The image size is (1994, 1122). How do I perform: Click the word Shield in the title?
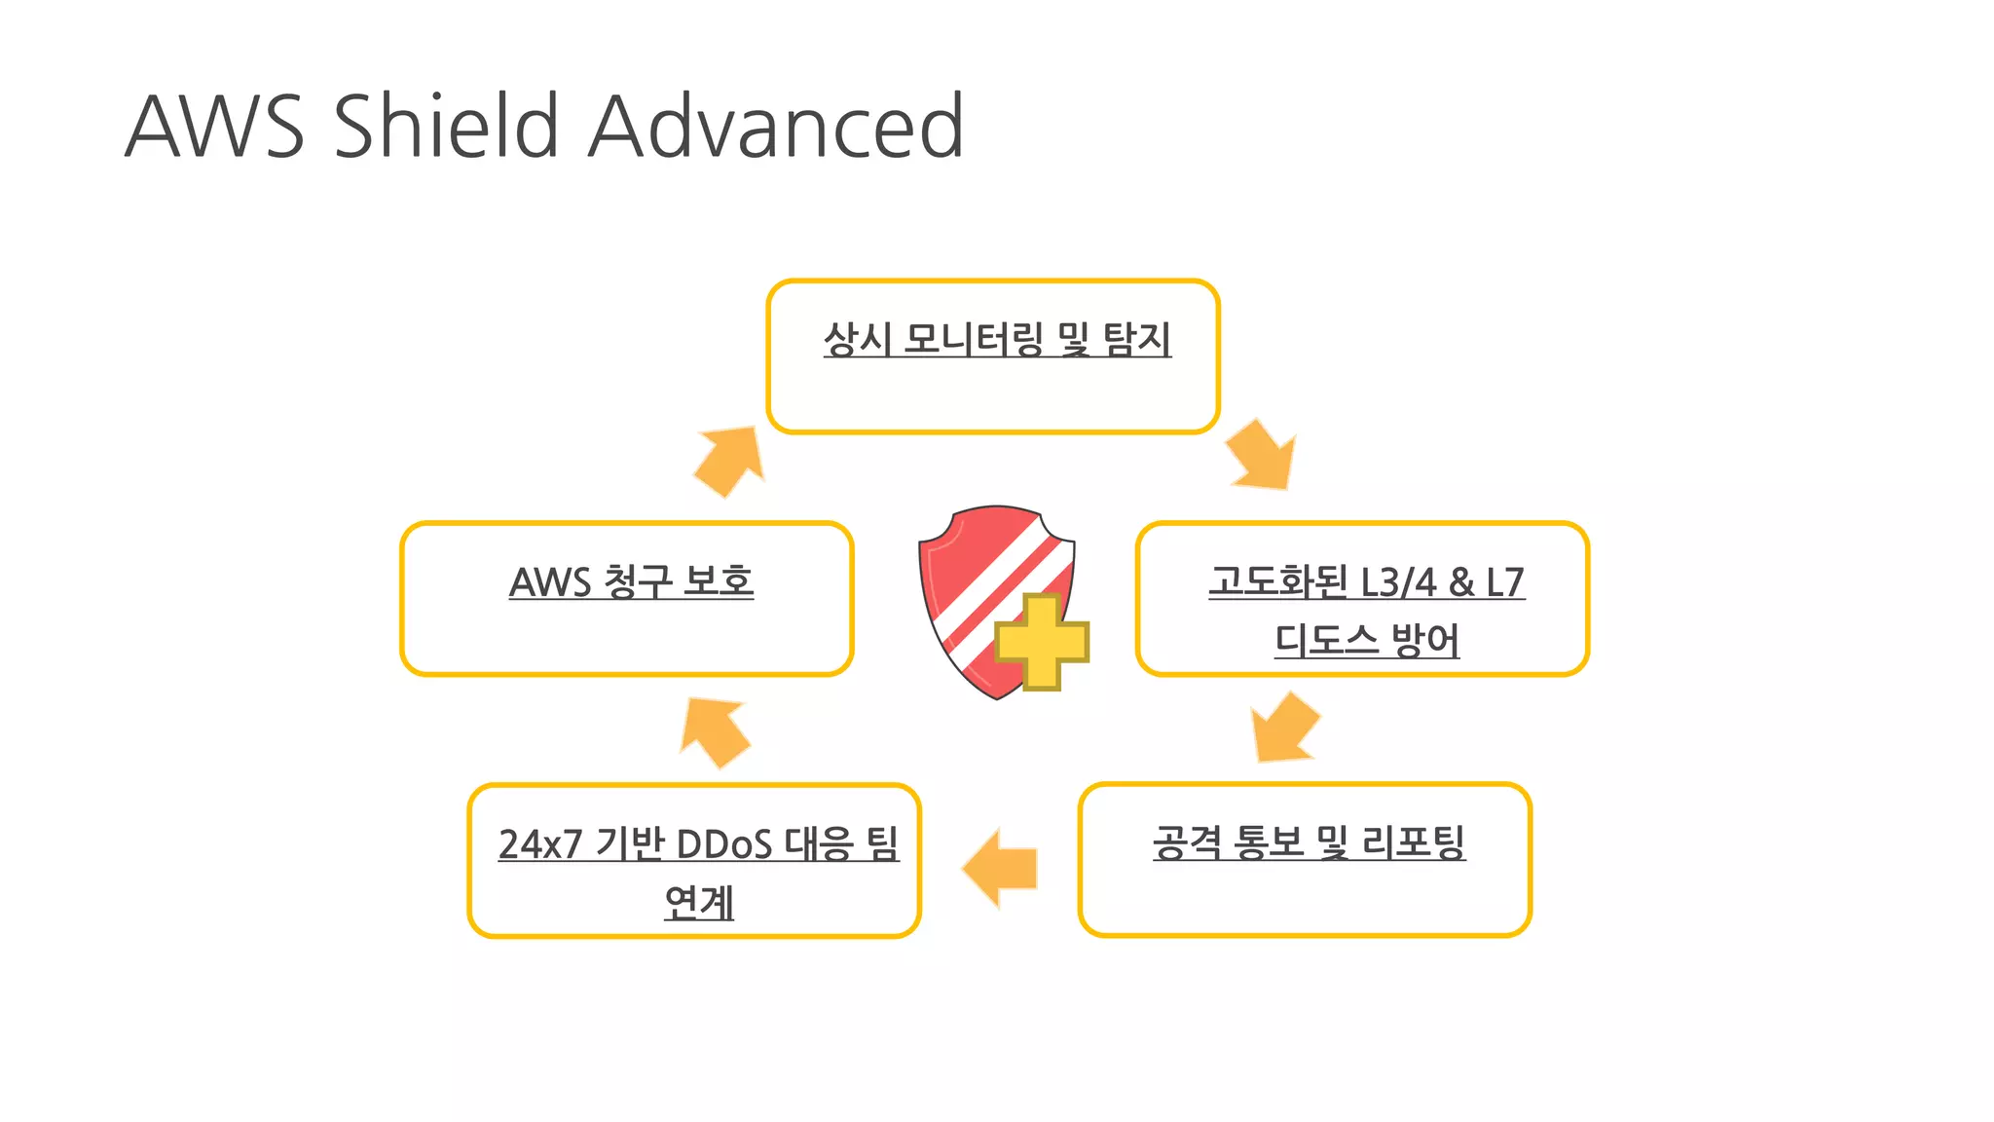(446, 127)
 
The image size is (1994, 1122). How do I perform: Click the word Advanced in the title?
(776, 127)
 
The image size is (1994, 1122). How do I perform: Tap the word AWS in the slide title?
(215, 127)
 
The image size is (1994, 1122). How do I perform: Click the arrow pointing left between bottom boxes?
(1001, 868)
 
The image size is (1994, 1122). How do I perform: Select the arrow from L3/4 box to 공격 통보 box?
(1283, 727)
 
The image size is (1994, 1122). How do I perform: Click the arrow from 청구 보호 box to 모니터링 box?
(730, 460)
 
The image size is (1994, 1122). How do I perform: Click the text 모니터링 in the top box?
(973, 339)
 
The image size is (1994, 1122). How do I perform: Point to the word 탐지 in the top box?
(1136, 339)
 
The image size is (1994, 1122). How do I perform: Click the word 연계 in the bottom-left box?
(698, 902)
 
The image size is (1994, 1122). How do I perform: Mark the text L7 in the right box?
(1505, 582)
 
